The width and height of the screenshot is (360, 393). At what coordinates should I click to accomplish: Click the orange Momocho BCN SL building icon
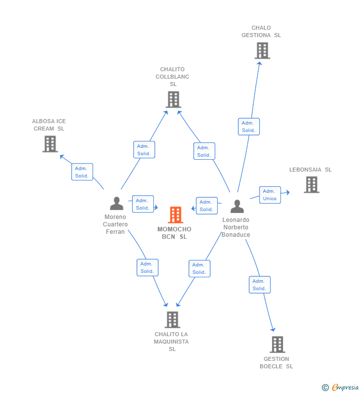click(x=176, y=215)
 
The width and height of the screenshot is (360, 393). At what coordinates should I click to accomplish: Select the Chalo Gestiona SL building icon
click(x=262, y=50)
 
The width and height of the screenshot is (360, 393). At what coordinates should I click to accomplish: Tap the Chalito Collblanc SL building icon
click(x=173, y=99)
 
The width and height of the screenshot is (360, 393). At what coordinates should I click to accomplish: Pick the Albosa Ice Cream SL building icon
click(x=50, y=144)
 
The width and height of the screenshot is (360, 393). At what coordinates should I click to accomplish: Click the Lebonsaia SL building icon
click(x=311, y=184)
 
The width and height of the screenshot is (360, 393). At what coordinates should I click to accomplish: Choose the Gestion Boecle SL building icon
click(x=277, y=344)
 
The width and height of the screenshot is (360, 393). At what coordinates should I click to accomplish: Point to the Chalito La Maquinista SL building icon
click(x=172, y=319)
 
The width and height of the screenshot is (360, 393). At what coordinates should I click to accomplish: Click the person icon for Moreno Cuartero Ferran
click(x=117, y=203)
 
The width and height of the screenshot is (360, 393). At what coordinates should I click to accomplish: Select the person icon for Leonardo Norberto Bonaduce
click(x=237, y=206)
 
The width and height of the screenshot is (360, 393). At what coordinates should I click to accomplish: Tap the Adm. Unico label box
click(x=270, y=195)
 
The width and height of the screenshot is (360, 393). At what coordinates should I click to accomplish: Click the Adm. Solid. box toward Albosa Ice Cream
click(x=82, y=172)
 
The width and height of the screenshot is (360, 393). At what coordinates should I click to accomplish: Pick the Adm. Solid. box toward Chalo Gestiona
click(x=248, y=127)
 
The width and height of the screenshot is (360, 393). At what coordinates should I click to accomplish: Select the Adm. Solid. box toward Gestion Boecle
click(x=259, y=285)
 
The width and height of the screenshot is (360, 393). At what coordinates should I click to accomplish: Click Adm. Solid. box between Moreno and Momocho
click(x=142, y=204)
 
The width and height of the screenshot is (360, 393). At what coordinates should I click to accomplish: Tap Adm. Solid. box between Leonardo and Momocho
click(x=206, y=206)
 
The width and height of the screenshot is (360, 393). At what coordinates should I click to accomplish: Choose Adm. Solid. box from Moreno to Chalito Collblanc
click(x=144, y=150)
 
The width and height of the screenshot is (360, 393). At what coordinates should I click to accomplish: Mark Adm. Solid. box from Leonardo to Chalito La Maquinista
click(x=199, y=268)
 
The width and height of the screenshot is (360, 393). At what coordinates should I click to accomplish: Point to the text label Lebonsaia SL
click(x=310, y=170)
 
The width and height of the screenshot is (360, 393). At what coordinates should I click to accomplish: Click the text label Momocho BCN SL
click(x=174, y=233)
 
